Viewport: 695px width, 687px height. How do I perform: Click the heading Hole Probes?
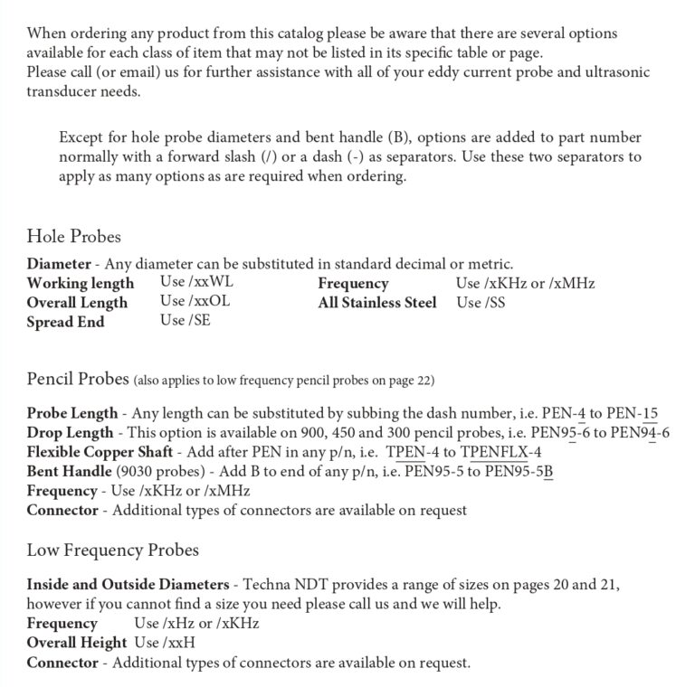pyautogui.click(x=73, y=237)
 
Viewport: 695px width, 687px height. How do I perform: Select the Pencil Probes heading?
pyautogui.click(x=78, y=378)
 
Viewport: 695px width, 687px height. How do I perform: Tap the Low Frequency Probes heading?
pyautogui.click(x=112, y=550)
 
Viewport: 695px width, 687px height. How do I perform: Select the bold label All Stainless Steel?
pyautogui.click(x=376, y=303)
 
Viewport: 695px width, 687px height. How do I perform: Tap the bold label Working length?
pyautogui.click(x=81, y=284)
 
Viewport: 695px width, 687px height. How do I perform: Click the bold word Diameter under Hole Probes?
pyautogui.click(x=58, y=265)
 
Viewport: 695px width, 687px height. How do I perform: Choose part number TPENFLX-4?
pyautogui.click(x=500, y=452)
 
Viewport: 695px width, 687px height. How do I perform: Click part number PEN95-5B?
pyautogui.click(x=519, y=471)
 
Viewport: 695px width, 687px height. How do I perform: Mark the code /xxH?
pyautogui.click(x=179, y=643)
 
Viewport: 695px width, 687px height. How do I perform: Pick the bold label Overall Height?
pyautogui.click(x=76, y=643)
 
